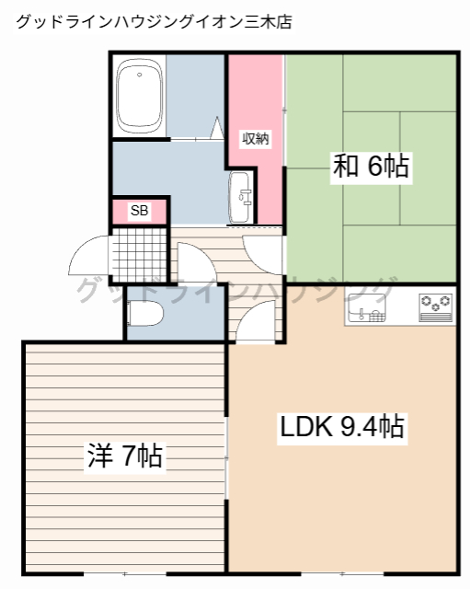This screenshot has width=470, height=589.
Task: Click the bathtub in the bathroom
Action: click(x=141, y=96)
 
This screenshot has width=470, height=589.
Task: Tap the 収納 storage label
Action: click(x=255, y=139)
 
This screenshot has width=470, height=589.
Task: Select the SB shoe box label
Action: click(x=139, y=211)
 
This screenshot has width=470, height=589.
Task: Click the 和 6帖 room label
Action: click(x=370, y=166)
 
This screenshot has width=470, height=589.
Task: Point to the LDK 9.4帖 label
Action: click(x=342, y=427)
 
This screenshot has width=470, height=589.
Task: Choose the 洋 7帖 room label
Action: click(x=124, y=455)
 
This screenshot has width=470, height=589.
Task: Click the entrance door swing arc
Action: click(x=90, y=253)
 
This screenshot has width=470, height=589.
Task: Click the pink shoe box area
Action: click(x=139, y=211)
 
